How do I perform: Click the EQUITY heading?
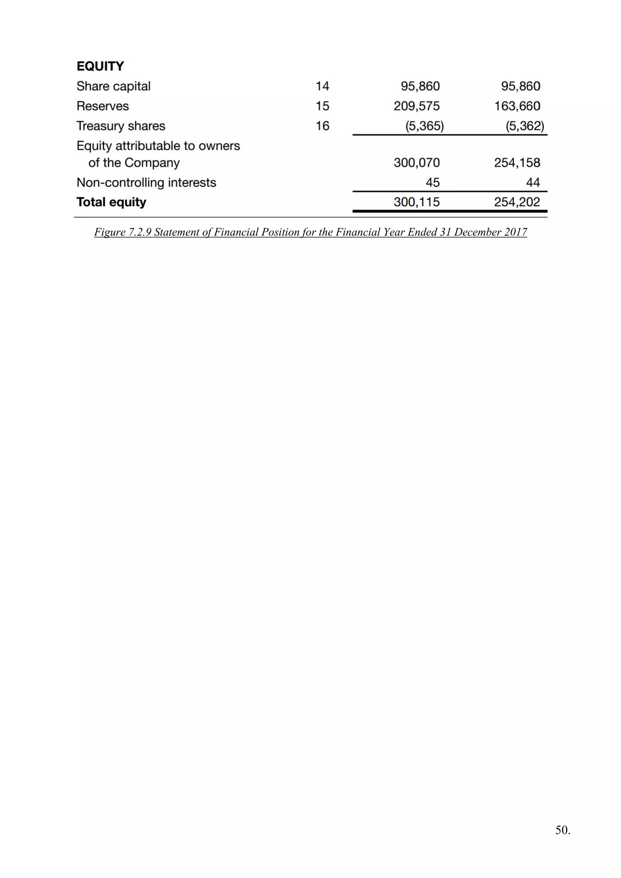[100, 66]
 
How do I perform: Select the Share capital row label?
[114, 86]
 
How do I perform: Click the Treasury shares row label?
[121, 126]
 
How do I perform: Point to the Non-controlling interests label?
[146, 183]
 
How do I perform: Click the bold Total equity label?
[111, 202]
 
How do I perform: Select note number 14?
[322, 86]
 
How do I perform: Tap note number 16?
[322, 126]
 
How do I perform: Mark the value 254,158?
[517, 163]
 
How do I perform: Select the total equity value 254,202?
[517, 202]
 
